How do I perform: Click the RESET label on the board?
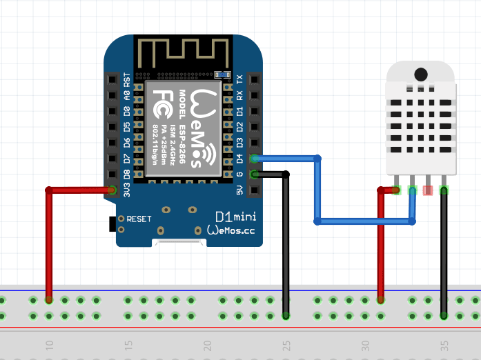click(x=139, y=219)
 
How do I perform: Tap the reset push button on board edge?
click(x=112, y=223)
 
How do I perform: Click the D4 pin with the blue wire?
click(x=255, y=159)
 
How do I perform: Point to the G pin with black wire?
click(x=255, y=174)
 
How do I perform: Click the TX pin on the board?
click(x=255, y=79)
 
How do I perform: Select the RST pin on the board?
click(x=112, y=79)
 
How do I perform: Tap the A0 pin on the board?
click(x=112, y=95)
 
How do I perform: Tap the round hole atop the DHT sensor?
click(x=420, y=73)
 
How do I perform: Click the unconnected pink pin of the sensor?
click(x=428, y=190)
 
